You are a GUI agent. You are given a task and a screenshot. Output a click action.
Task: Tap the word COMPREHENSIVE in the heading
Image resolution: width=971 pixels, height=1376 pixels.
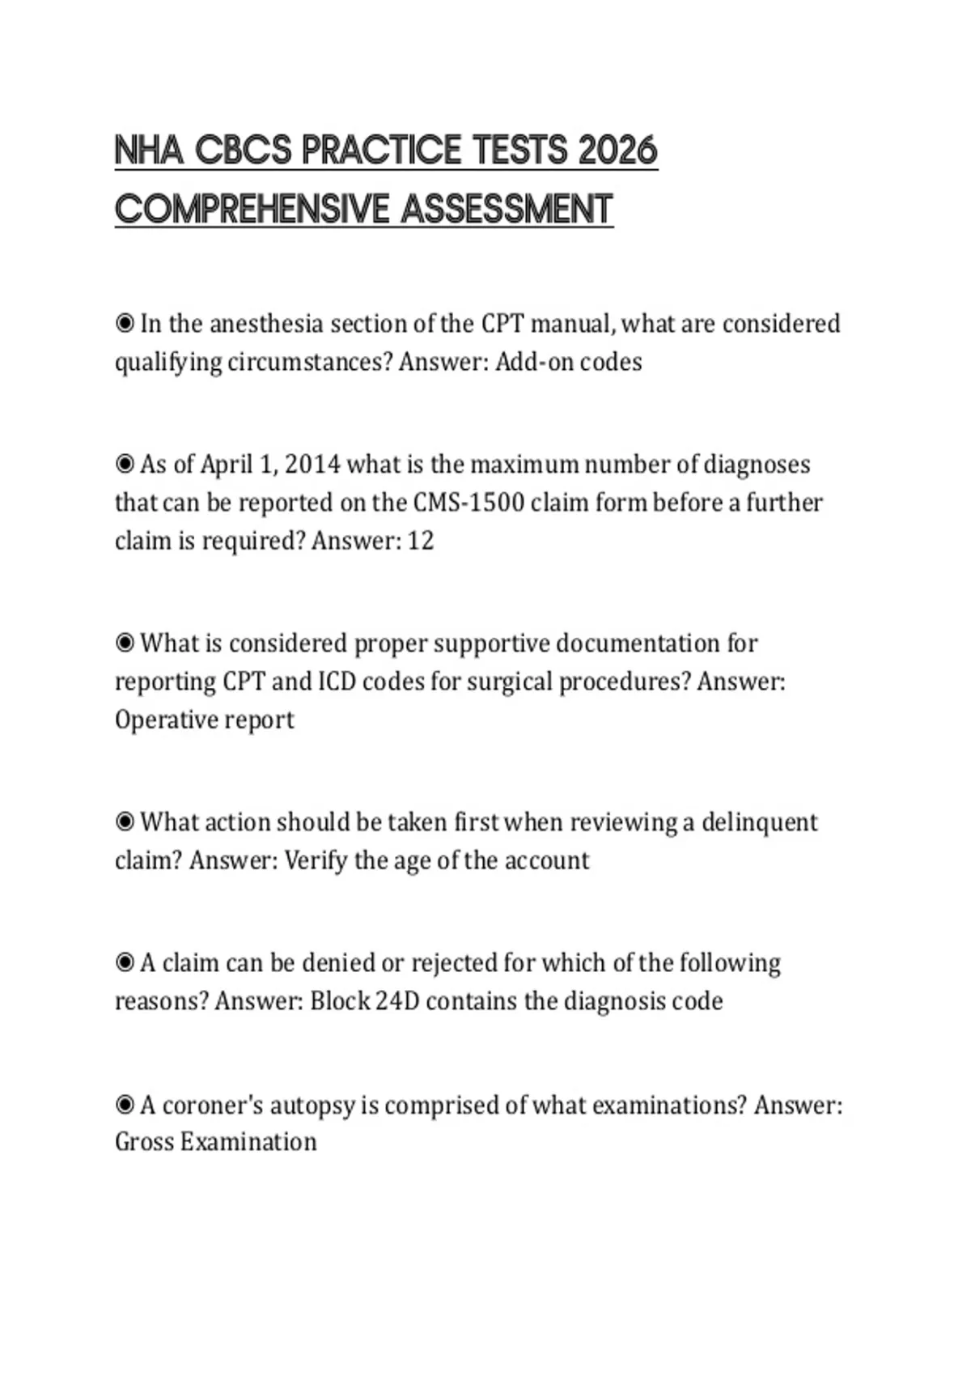252,210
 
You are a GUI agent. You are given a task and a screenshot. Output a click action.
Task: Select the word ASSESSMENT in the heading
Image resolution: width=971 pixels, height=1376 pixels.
507,210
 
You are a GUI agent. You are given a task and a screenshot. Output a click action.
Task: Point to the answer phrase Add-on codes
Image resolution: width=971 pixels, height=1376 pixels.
568,362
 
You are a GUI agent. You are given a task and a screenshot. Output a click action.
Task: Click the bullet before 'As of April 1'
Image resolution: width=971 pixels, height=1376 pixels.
125,465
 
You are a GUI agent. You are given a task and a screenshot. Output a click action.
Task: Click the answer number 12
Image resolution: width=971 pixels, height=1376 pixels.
420,541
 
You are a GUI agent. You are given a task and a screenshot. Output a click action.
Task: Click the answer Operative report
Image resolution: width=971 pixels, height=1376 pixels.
205,720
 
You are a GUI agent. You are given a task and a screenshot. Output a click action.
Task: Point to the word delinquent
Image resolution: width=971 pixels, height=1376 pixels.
759,822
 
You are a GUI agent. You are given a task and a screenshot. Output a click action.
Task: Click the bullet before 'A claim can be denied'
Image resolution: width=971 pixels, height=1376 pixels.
125,963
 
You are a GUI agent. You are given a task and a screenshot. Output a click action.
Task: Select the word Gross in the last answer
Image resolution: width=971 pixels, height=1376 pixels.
144,1142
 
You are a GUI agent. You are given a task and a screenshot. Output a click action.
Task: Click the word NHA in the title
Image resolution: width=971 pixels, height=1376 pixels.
149,151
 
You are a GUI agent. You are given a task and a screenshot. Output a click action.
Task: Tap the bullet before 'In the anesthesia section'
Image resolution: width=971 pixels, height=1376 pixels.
125,324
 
